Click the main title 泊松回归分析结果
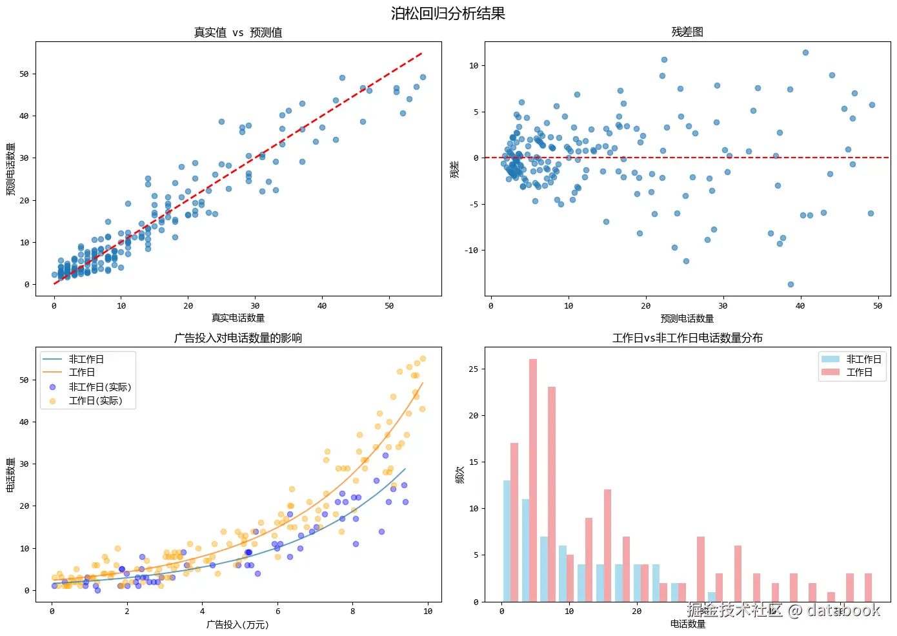click(x=448, y=14)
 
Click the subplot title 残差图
click(x=687, y=32)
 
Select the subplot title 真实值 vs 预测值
click(x=238, y=32)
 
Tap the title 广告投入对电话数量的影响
click(x=238, y=338)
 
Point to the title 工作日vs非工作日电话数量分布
click(x=687, y=338)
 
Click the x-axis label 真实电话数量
click(x=238, y=318)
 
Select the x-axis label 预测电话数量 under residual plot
click(x=687, y=318)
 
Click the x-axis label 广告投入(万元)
click(x=238, y=624)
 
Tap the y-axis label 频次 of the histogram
click(x=459, y=475)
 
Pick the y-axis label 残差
click(x=455, y=169)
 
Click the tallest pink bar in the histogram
click(x=533, y=480)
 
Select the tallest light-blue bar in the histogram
click(x=507, y=541)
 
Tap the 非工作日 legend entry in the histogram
click(x=863, y=359)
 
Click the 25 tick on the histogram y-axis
click(x=473, y=369)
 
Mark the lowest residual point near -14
click(x=791, y=284)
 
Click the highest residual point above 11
click(x=805, y=53)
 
